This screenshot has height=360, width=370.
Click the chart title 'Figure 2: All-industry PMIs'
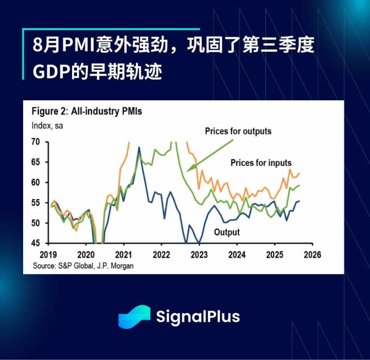point(87,112)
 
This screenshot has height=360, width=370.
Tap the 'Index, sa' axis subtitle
point(47,126)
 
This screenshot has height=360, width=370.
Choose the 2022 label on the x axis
point(161,254)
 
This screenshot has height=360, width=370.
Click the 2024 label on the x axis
point(237,254)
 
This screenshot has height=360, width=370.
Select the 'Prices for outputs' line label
point(238,131)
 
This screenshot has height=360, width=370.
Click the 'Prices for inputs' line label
point(261,163)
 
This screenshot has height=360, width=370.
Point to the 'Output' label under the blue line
point(227,232)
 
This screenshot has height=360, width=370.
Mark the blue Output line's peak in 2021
point(139,147)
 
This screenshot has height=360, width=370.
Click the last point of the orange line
point(299,173)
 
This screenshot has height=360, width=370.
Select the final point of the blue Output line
point(299,201)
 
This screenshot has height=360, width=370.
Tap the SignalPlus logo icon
point(134,317)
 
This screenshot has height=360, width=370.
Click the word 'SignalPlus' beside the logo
point(197,317)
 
